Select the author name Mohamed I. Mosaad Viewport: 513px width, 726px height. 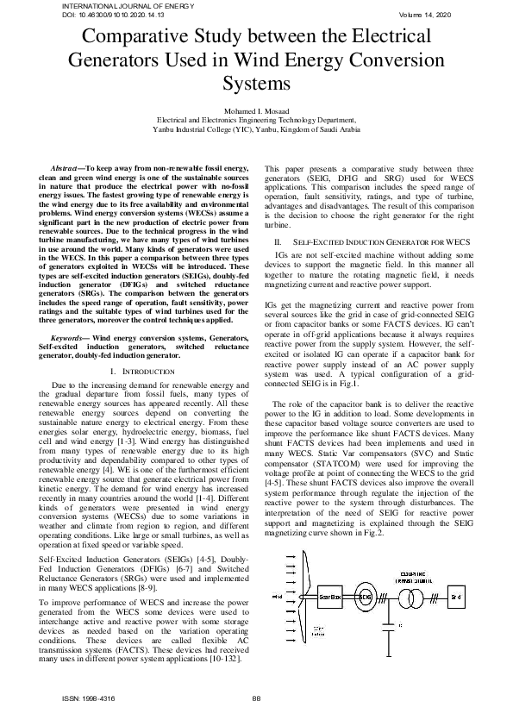(256, 111)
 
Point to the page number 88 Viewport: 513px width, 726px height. (256, 698)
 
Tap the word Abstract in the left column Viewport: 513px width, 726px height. (67, 163)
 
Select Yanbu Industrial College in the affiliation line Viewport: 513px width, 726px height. (195, 129)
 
